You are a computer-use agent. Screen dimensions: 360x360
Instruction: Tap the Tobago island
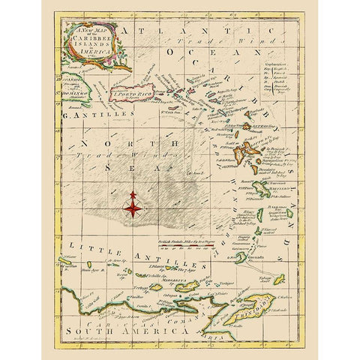pyautogui.click(x=288, y=280)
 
